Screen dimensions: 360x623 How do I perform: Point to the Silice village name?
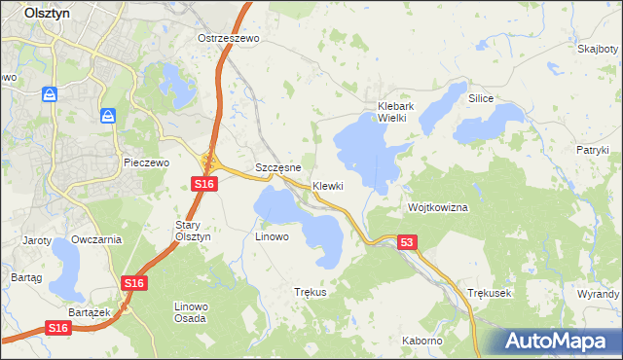(x=481, y=99)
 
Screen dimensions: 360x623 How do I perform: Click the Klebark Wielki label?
(x=397, y=111)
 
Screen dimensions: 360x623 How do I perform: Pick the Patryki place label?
(x=592, y=150)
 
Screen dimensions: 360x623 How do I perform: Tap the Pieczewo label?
(x=147, y=162)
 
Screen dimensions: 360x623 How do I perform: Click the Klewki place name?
(x=328, y=186)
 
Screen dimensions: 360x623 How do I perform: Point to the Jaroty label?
(x=36, y=239)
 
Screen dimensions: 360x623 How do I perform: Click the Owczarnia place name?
(x=96, y=239)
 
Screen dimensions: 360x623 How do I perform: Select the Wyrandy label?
(x=599, y=293)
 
